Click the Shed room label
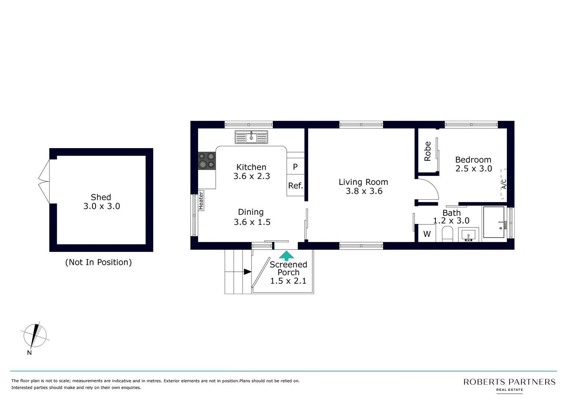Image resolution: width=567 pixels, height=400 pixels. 101,197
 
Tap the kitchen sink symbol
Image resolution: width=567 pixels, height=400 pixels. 251,137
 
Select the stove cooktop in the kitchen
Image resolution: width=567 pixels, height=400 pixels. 207,161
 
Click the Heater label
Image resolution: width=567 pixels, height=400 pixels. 201,200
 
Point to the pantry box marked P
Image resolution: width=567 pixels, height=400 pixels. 295,167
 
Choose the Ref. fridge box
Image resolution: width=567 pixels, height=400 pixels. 296,186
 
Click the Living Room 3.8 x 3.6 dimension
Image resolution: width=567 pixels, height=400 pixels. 364,191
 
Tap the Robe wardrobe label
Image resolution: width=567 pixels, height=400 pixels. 428,151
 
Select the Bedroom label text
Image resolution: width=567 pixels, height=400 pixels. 473,160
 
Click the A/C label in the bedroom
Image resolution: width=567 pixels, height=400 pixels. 504,184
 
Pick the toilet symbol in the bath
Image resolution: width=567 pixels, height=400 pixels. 448,234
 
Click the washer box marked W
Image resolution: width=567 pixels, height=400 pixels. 427,234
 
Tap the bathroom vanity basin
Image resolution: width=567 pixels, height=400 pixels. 468,235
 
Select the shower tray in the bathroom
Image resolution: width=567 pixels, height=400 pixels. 494,222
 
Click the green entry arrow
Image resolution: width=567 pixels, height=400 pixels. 286,255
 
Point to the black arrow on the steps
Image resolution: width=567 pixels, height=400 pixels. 247,272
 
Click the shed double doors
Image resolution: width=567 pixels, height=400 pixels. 44,181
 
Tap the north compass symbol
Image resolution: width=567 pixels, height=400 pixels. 35,336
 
